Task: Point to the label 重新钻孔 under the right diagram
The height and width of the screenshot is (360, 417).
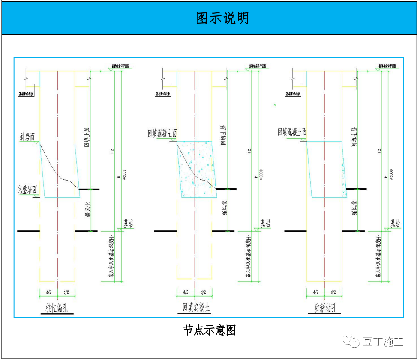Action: [324, 308]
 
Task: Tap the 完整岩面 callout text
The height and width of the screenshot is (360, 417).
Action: [27, 189]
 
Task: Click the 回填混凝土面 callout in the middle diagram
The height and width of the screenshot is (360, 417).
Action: [162, 133]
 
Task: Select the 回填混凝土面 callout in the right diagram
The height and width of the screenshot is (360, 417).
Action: [292, 132]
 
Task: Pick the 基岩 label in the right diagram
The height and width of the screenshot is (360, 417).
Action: [396, 223]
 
